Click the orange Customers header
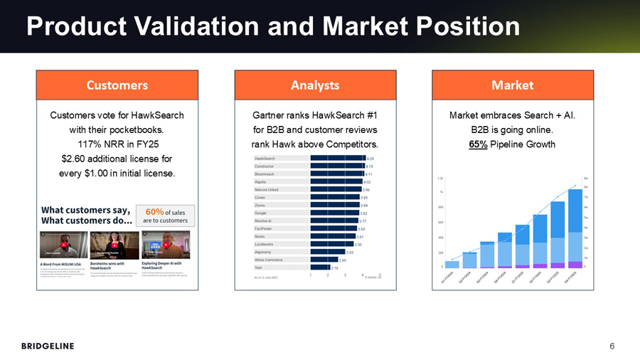click(x=117, y=85)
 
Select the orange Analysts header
click(x=315, y=85)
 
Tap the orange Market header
click(x=512, y=85)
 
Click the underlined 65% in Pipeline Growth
click(x=478, y=145)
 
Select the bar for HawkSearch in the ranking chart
click(x=336, y=158)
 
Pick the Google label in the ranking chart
click(x=261, y=213)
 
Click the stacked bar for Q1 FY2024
click(x=452, y=265)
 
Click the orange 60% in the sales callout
click(x=154, y=211)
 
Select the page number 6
click(x=612, y=346)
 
